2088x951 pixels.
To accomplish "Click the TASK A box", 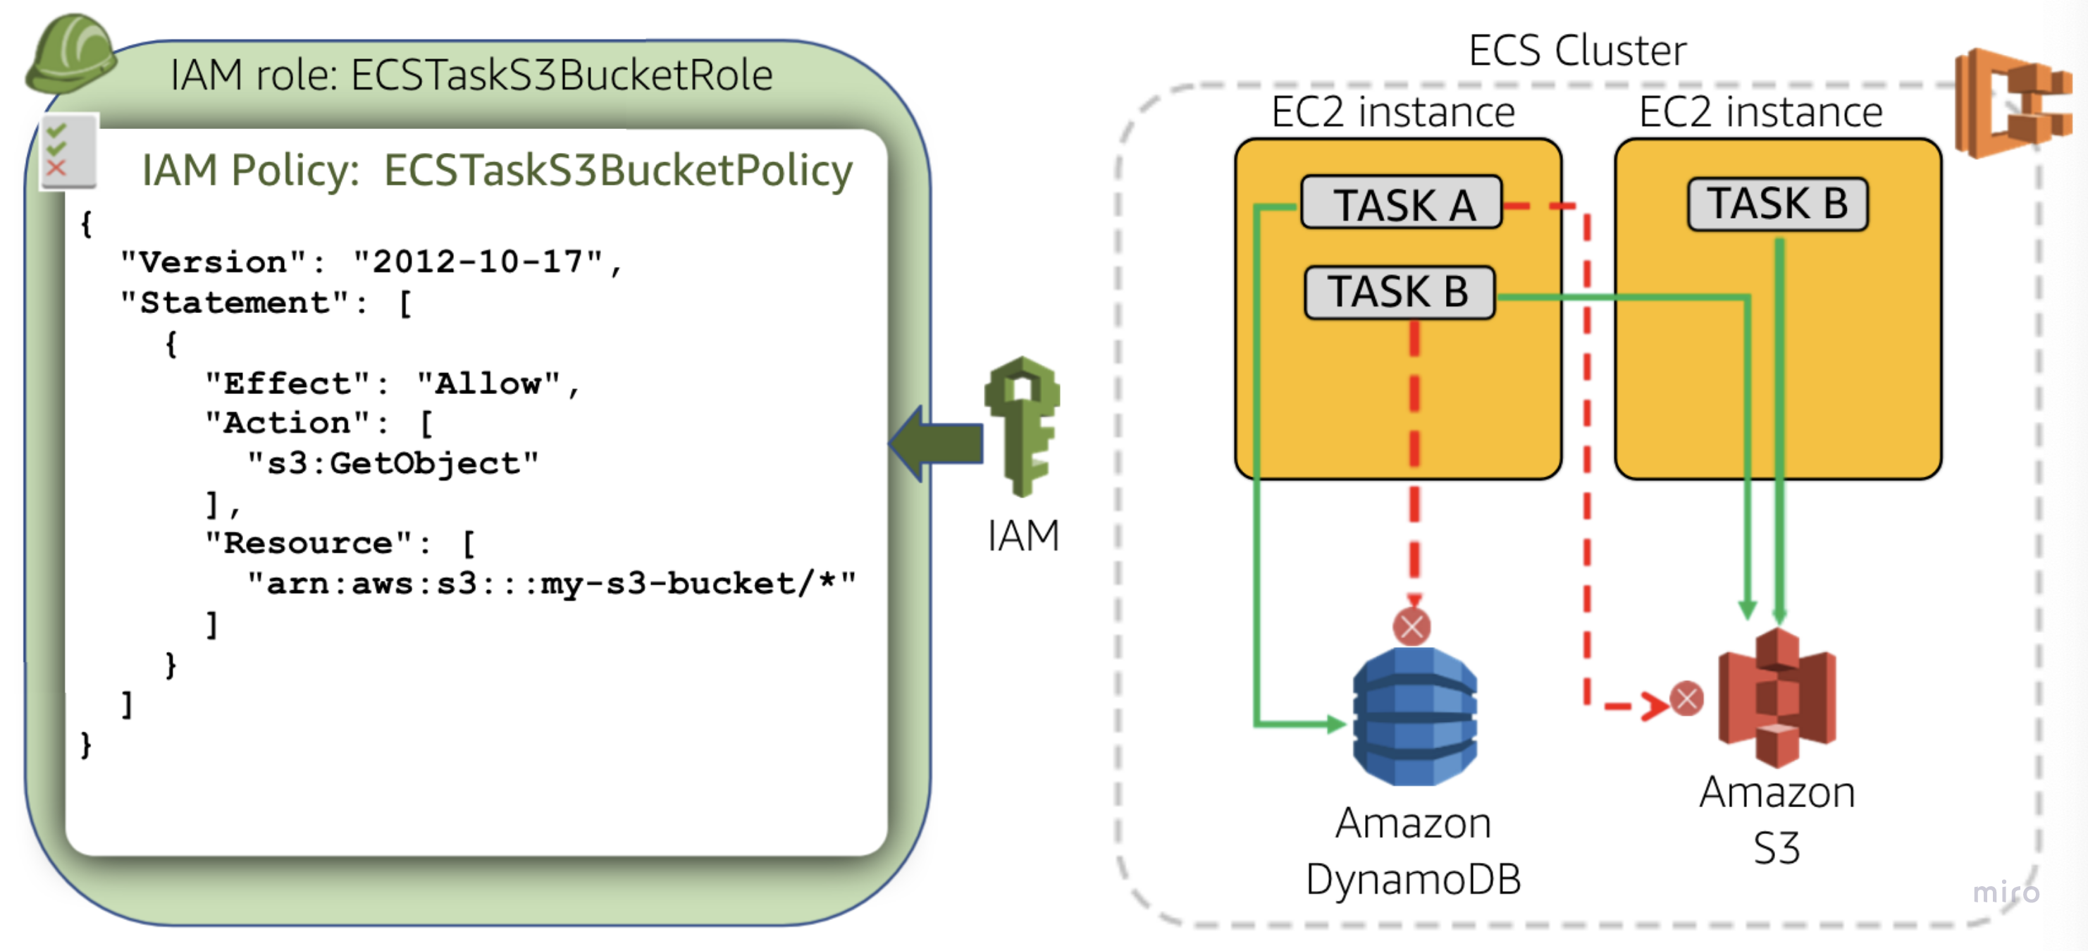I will click(x=1402, y=204).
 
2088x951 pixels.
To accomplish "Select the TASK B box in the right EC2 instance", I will click(x=1777, y=204).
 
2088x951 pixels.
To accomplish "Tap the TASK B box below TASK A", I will click(x=1399, y=292).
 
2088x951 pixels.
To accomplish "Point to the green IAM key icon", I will click(x=1023, y=425).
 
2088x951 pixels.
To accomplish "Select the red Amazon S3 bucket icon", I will click(x=1777, y=699).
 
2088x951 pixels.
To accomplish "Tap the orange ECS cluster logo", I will click(x=2011, y=103).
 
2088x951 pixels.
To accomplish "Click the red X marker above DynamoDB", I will click(x=1411, y=626).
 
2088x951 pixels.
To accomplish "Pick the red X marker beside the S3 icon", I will click(x=1687, y=699).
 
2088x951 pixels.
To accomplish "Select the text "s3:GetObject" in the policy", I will click(x=393, y=463).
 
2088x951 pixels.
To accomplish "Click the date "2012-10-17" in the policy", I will click(x=478, y=262).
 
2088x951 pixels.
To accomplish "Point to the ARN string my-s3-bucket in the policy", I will click(x=551, y=584).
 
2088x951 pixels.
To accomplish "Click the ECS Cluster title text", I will click(x=1576, y=50).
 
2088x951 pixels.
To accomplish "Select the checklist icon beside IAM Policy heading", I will click(x=68, y=152).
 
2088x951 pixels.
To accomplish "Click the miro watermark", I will click(x=2005, y=892).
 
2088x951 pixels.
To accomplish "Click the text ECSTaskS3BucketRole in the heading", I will click(x=561, y=75).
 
